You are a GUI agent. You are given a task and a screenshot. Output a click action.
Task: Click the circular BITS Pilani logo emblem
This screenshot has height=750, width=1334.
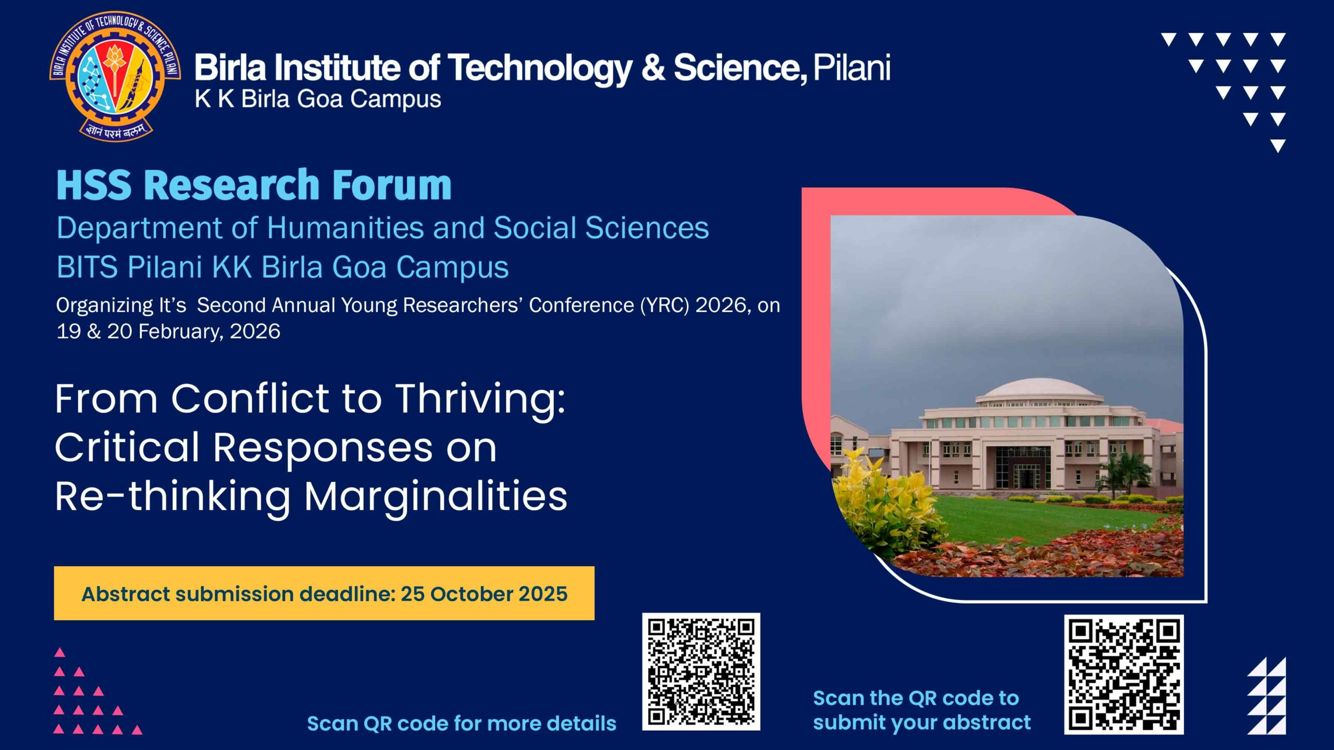(115, 77)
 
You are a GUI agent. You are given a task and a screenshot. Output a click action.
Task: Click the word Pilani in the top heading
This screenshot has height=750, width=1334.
(851, 68)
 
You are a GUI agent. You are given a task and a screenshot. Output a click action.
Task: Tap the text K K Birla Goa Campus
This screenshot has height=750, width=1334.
(318, 99)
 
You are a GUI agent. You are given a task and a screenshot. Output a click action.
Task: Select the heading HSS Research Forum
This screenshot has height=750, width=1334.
(254, 185)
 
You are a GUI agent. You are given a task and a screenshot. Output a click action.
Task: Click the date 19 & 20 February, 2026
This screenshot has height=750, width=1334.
(168, 331)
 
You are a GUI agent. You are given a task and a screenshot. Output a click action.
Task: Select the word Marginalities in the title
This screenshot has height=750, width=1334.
(436, 497)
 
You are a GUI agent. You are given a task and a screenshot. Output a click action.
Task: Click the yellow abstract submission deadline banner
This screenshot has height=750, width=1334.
(324, 593)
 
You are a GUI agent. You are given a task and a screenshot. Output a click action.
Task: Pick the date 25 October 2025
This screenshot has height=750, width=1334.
(484, 594)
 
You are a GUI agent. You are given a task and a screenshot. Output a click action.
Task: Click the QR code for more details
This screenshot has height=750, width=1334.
(701, 672)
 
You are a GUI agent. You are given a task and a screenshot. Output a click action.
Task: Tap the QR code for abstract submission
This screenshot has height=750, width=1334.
(1123, 674)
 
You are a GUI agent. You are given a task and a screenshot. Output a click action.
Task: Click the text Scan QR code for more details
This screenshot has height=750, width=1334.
(462, 723)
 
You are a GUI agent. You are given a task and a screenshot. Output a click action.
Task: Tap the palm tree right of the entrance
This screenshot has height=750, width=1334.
(1126, 471)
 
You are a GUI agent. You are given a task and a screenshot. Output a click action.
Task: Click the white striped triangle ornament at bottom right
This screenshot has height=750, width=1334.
(1266, 696)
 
